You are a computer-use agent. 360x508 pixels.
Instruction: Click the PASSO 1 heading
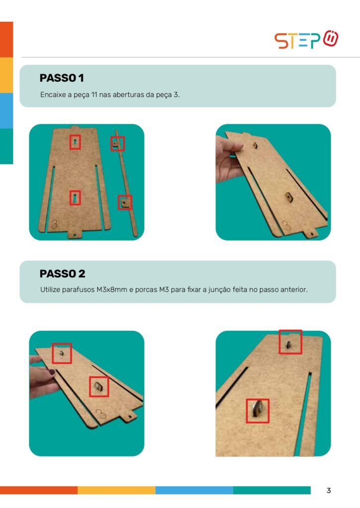point(62,78)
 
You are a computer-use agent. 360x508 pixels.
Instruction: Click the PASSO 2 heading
point(62,274)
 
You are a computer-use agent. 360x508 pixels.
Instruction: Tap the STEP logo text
point(297,41)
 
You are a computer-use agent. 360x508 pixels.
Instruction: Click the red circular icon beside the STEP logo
point(331,38)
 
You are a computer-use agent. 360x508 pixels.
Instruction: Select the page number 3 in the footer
point(329,491)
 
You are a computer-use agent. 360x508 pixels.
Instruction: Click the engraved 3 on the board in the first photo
point(55,224)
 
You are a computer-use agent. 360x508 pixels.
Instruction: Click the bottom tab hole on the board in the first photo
point(75,234)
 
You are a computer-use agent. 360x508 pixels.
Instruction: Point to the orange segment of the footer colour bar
point(39,490)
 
